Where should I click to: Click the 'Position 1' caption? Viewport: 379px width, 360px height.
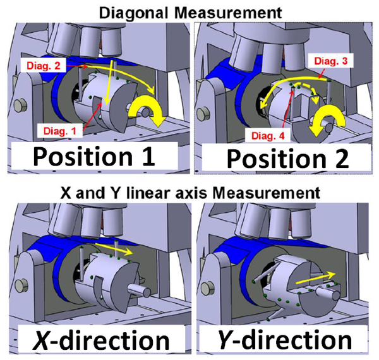point(94,155)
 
